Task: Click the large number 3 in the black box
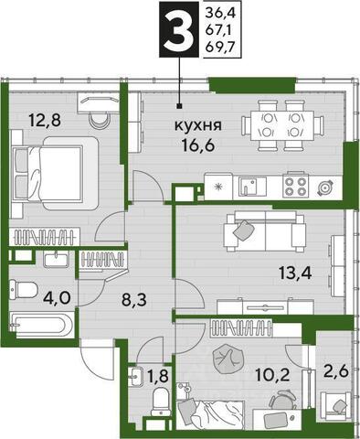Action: tap(178, 30)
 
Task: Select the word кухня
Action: tap(198, 125)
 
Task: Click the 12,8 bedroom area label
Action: tap(45, 120)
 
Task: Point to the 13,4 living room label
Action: tap(295, 273)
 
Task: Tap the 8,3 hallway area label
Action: tap(134, 299)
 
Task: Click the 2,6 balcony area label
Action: tap(336, 371)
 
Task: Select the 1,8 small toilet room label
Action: tap(158, 376)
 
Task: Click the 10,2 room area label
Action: tap(272, 376)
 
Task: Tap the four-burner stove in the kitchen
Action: tap(294, 187)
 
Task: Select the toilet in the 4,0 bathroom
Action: tap(23, 290)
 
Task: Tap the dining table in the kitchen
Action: tap(281, 126)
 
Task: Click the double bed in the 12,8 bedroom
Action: tap(54, 174)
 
